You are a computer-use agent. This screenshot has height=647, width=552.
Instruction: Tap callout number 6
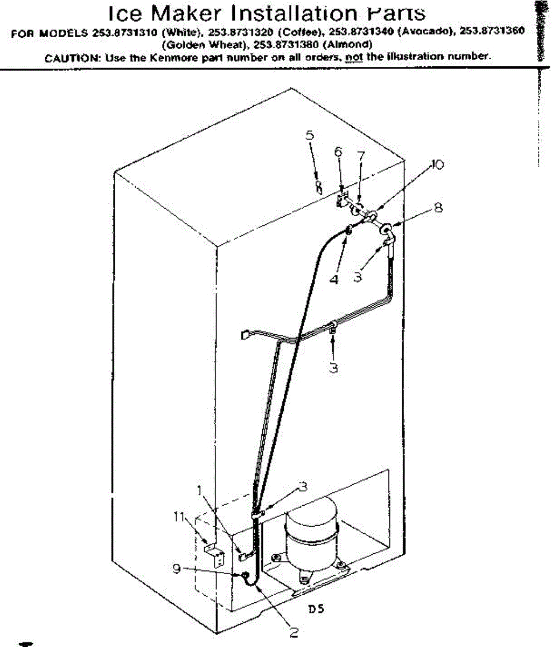pyautogui.click(x=338, y=153)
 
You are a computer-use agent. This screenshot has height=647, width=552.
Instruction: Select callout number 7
pyautogui.click(x=361, y=157)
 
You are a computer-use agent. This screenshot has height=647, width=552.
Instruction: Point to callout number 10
pyautogui.click(x=438, y=166)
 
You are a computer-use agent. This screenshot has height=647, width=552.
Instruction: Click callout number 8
pyautogui.click(x=438, y=207)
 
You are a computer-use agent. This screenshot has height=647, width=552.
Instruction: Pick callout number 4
pyautogui.click(x=334, y=279)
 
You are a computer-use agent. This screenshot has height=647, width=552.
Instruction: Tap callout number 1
pyautogui.click(x=200, y=490)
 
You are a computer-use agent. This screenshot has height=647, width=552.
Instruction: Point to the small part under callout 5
pyautogui.click(x=319, y=187)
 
